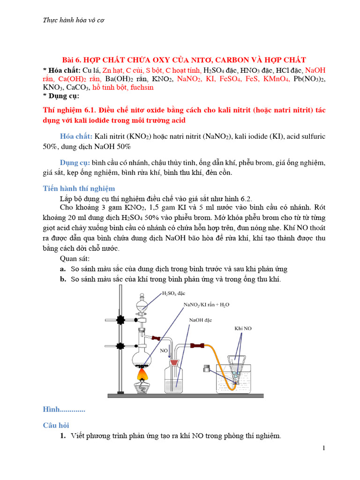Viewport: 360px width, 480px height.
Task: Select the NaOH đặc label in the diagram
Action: pos(201,320)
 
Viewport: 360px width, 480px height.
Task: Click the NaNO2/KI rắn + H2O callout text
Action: pos(206,305)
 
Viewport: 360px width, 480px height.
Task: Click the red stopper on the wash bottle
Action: pos(174,363)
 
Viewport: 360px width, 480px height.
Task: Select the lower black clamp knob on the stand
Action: pos(121,346)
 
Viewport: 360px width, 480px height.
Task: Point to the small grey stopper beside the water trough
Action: pos(206,367)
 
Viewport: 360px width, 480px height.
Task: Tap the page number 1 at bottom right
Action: pos(323,449)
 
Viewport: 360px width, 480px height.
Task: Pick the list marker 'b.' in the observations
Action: pos(62,279)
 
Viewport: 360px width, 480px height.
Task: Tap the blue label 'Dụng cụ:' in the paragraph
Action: pos(75,163)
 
